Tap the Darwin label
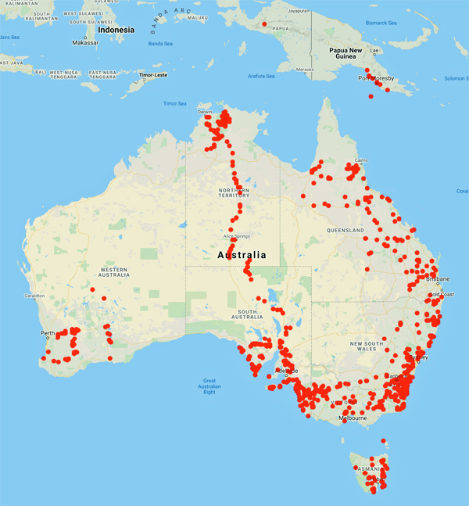[205, 113]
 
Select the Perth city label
[47, 333]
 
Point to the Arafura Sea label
[260, 76]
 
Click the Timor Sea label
[175, 103]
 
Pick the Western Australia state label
[114, 272]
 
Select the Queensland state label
[347, 231]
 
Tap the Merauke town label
[304, 70]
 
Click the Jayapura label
[297, 12]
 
